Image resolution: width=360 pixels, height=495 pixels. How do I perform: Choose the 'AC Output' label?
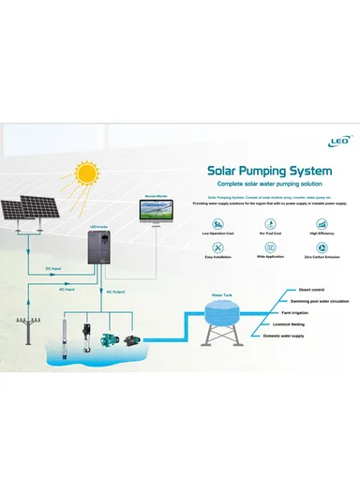pos(114,292)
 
